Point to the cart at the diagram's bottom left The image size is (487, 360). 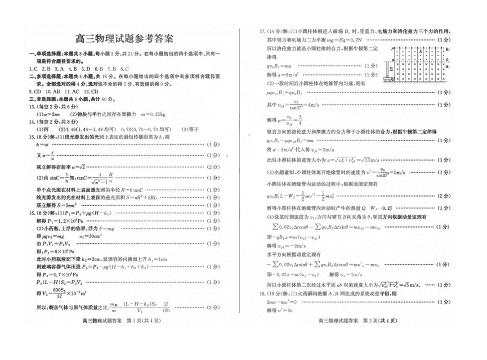coord(389,79)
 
